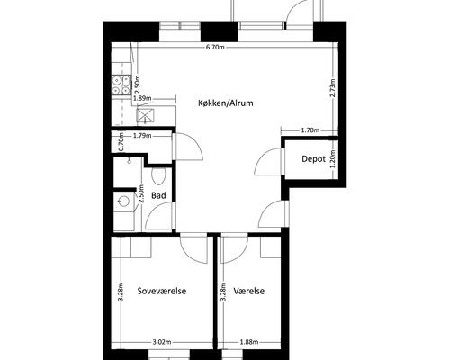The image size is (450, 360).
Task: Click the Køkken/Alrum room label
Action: coord(226,103)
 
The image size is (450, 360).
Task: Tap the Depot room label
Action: coord(313,159)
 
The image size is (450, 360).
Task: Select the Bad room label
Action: coord(158,196)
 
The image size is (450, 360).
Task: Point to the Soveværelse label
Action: coord(162,291)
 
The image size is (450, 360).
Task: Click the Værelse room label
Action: coord(249,291)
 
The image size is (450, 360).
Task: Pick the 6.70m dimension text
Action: coord(215,47)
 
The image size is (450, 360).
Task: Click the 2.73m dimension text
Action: coord(332,88)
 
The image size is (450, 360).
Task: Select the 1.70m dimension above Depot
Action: coord(310,130)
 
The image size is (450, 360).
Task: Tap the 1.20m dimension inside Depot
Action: coord(332,159)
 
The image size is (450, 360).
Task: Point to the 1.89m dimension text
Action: coord(142,98)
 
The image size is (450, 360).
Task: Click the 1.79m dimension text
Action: coord(142,136)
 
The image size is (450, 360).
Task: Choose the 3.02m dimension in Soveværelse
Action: coord(162,342)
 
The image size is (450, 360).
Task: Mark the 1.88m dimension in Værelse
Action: coord(249,342)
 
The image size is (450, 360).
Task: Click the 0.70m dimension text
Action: coord(121,142)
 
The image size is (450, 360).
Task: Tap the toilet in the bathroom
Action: coord(158,175)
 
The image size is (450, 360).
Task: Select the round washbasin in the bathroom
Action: coord(123,201)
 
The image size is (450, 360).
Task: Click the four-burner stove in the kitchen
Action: coord(121,85)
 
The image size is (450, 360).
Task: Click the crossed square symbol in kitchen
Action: coord(145,115)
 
